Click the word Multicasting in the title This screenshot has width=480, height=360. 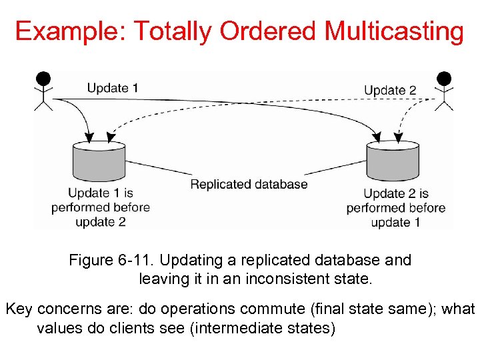click(x=394, y=31)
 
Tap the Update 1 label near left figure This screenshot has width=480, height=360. click(x=113, y=87)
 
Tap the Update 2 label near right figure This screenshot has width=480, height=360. click(x=390, y=90)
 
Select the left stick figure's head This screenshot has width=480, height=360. click(x=43, y=79)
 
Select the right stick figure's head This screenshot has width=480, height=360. click(x=444, y=79)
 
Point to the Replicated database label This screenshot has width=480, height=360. click(x=249, y=184)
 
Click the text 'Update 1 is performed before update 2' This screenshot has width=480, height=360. click(x=100, y=207)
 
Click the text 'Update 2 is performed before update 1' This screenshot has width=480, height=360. click(x=395, y=208)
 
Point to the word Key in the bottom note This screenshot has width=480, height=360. click(x=18, y=309)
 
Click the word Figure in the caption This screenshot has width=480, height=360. click(x=90, y=260)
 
